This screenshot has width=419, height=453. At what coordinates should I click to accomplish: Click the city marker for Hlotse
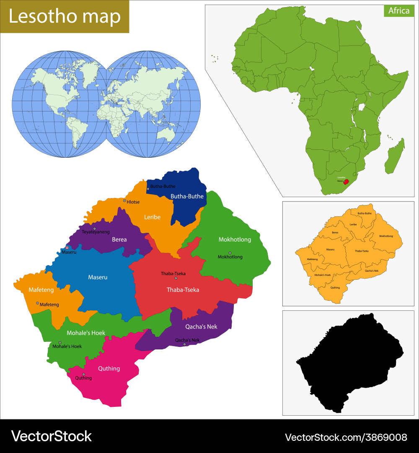point(124,201)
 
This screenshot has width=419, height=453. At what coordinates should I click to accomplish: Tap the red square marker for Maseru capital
point(67,247)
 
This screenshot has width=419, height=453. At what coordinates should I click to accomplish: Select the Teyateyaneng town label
point(96,232)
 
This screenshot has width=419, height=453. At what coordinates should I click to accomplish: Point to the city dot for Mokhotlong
point(230,253)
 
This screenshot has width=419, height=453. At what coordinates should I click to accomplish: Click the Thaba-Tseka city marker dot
point(176,279)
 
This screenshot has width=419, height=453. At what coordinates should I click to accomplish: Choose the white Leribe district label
point(152,217)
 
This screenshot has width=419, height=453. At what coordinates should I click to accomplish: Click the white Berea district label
point(119,240)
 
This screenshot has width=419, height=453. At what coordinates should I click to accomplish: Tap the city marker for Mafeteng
point(37,303)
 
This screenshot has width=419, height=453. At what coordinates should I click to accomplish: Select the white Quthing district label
point(109,368)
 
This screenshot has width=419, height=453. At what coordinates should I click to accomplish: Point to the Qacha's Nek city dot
point(184,344)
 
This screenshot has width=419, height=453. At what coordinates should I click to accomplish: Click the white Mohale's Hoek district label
point(86,333)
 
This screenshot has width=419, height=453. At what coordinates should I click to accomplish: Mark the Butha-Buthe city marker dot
point(148,189)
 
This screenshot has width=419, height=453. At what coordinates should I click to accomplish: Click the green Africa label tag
point(398,11)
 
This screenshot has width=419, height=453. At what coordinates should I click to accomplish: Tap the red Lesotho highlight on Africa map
point(346,182)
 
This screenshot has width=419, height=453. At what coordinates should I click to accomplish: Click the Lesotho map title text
point(65,17)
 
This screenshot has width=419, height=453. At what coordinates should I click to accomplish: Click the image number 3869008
point(346,437)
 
